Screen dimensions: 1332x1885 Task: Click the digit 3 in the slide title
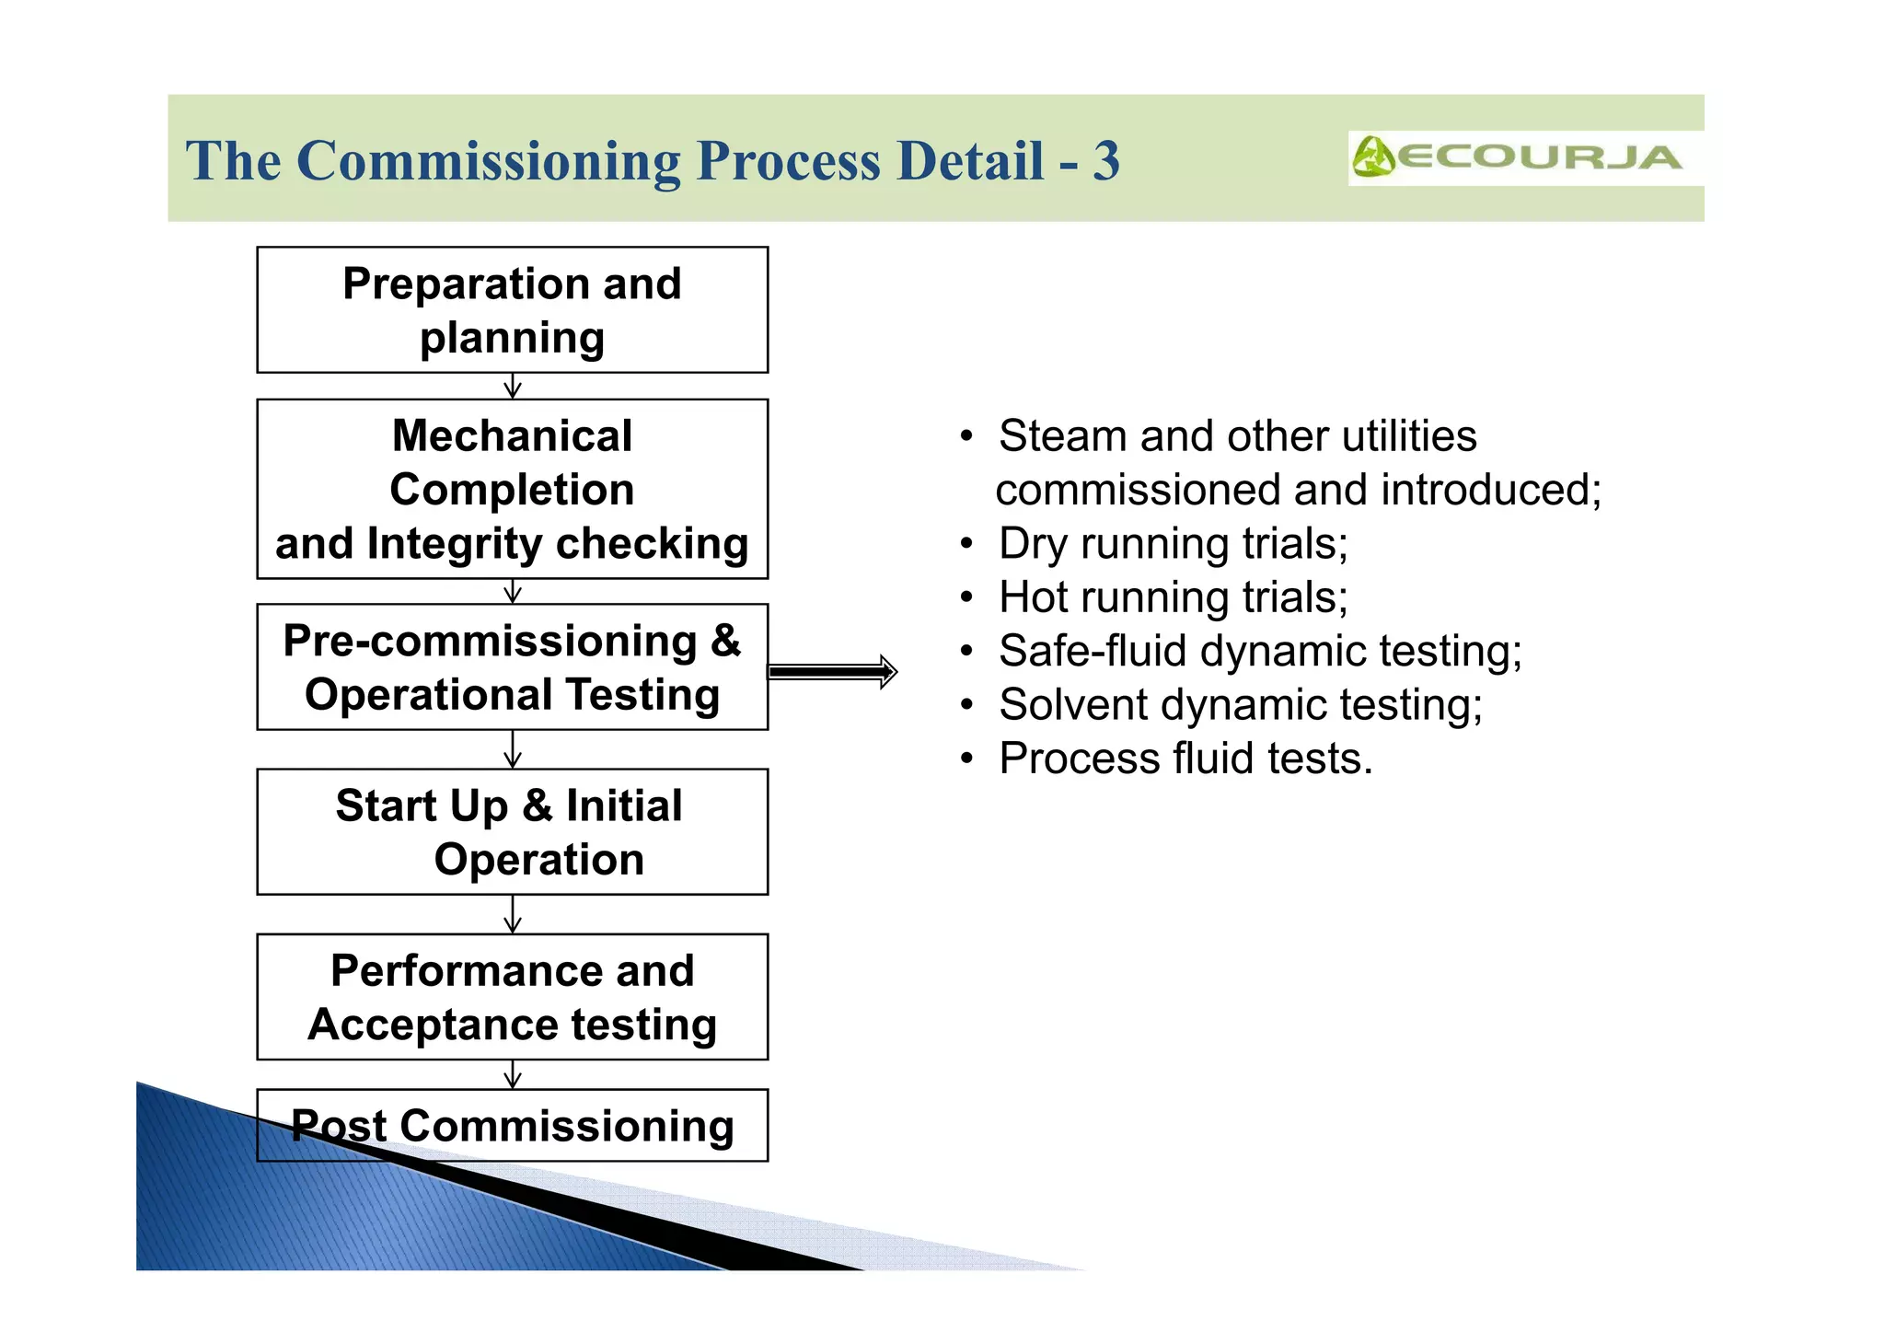pos(1105,161)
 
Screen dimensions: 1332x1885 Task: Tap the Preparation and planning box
pos(512,310)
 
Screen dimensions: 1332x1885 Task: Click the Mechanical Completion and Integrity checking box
pos(512,489)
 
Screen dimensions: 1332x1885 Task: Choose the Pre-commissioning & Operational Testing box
pos(512,667)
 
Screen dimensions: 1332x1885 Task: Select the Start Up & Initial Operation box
pos(512,832)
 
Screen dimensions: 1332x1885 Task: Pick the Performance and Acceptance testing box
pos(512,997)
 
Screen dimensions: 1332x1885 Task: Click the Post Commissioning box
pos(512,1126)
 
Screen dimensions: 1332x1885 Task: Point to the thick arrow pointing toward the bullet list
pos(832,672)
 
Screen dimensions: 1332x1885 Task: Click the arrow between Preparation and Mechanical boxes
pos(513,386)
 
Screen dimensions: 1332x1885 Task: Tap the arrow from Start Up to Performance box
pos(513,914)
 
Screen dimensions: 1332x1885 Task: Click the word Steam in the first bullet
pos(1062,436)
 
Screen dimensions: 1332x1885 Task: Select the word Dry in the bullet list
pos(1033,544)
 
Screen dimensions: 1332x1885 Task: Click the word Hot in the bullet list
pos(1033,597)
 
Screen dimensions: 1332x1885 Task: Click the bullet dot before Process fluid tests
pos(966,759)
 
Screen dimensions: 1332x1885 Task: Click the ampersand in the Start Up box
pos(537,806)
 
